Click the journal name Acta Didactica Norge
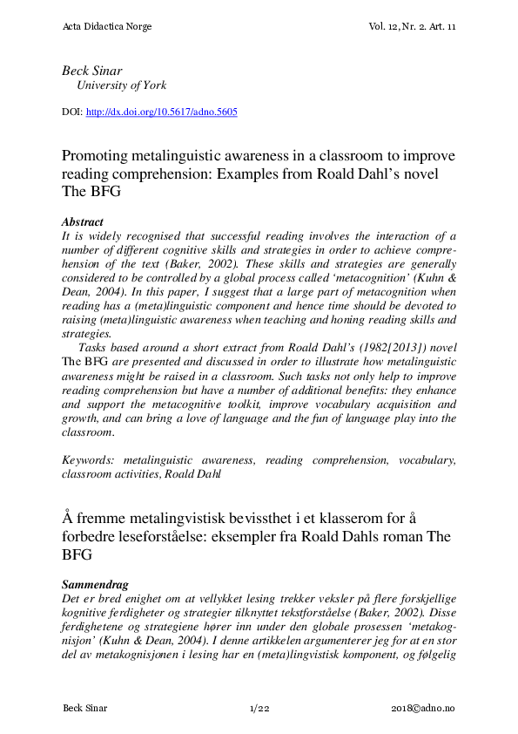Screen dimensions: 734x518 (107, 27)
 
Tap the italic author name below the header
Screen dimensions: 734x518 (92, 70)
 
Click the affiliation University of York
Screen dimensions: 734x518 (122, 85)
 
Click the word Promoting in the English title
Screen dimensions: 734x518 (97, 156)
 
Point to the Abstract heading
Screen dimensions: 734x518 (83, 222)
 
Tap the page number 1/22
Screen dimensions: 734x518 (259, 708)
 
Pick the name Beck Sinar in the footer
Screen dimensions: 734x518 (85, 708)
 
